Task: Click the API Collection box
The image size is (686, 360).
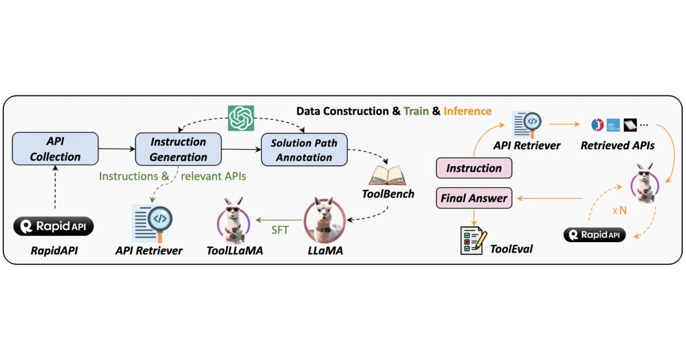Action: tap(55, 149)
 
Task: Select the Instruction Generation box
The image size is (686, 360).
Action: tap(178, 149)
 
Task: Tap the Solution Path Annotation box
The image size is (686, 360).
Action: tap(304, 150)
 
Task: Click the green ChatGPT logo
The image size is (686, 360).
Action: tap(241, 118)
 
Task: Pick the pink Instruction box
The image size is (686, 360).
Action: tap(474, 168)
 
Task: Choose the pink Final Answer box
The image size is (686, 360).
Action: tap(474, 198)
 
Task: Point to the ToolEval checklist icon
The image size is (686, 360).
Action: tap(473, 241)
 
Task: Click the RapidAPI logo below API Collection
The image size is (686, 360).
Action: tap(53, 226)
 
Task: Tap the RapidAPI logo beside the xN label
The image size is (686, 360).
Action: tap(595, 235)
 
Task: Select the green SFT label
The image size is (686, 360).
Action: tap(280, 230)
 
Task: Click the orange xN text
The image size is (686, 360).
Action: tap(620, 210)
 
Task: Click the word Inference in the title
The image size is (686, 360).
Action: tap(468, 111)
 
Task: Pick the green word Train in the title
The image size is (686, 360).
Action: tap(416, 111)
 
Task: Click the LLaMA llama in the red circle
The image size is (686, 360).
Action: tap(325, 220)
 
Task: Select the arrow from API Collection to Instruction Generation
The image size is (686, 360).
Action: tap(117, 149)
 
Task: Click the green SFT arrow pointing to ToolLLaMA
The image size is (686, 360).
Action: tap(279, 220)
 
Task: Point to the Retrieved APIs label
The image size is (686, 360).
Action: tap(617, 145)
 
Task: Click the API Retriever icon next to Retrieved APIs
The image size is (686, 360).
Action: tap(527, 125)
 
